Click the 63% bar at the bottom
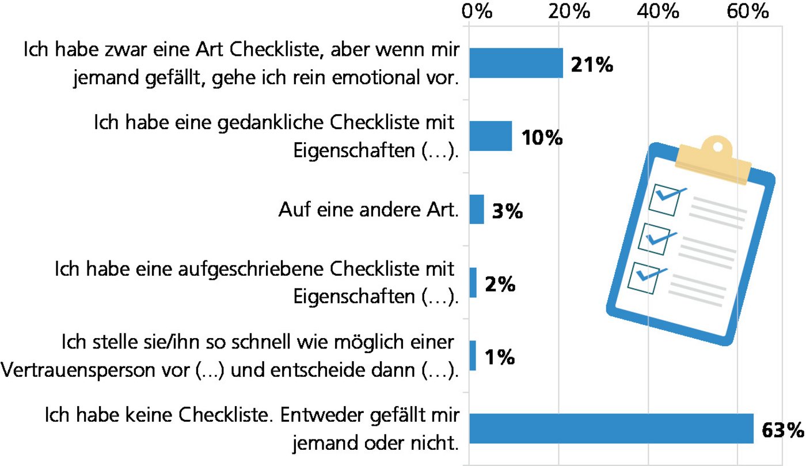point(611,429)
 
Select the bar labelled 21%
point(516,63)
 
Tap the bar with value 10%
point(491,136)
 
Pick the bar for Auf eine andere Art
point(477,209)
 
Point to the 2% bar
point(473,282)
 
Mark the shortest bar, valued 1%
point(473,355)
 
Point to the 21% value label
point(591,65)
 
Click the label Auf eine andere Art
point(369,211)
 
